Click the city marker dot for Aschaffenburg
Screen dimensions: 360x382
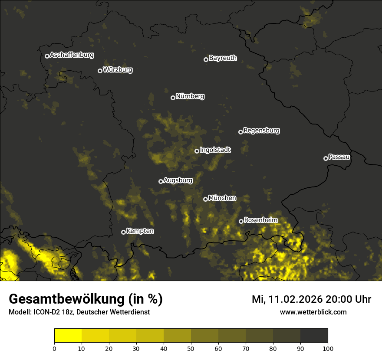(x=47, y=56)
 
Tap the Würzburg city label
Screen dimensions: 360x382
(x=118, y=69)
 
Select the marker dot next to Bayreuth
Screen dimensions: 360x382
(x=206, y=59)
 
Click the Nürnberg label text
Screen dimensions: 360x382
(x=190, y=96)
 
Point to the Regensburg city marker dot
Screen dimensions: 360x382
(x=240, y=132)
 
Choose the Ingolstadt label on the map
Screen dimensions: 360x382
(x=215, y=150)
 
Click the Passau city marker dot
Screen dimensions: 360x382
(x=326, y=158)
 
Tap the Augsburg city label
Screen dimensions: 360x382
(x=178, y=180)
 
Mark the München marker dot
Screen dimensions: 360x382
(x=205, y=200)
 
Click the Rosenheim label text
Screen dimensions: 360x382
(x=260, y=220)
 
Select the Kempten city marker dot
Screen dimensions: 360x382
(x=123, y=232)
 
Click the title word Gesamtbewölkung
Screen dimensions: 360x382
(x=66, y=299)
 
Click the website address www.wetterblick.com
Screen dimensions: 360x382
(x=313, y=312)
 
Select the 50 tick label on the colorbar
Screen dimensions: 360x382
(x=191, y=348)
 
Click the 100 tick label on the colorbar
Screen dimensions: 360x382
(x=328, y=348)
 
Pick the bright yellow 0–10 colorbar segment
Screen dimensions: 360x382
(x=68, y=336)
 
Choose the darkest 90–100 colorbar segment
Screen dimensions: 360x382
(x=314, y=336)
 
